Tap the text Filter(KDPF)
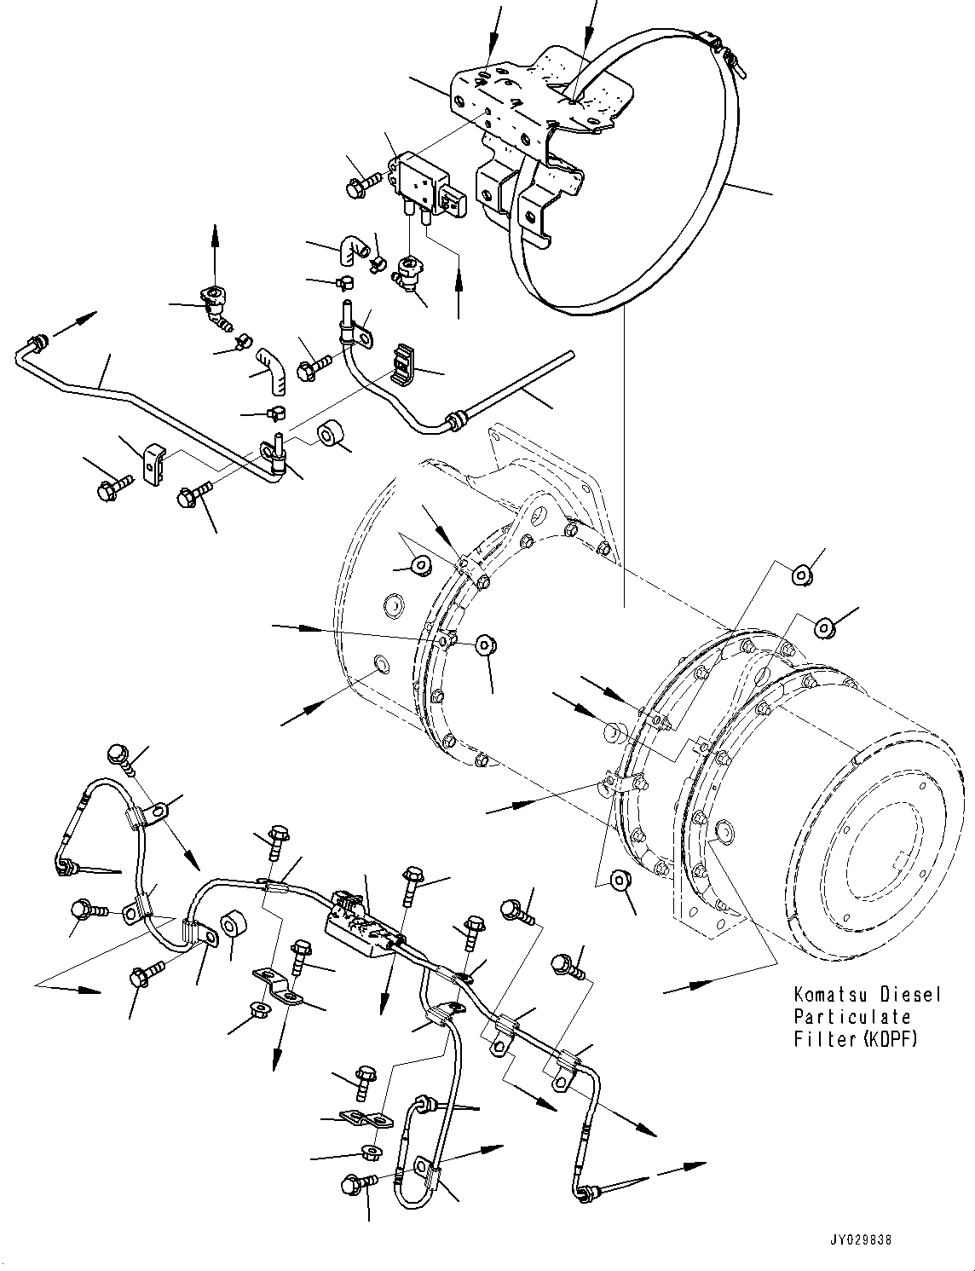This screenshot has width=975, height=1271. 856,1039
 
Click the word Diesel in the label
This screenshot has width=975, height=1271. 909,995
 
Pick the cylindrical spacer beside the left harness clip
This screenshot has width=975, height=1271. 234,927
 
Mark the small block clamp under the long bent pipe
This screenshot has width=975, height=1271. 153,466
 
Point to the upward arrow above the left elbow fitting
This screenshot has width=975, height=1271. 215,247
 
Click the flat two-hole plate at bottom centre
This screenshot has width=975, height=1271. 361,1119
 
